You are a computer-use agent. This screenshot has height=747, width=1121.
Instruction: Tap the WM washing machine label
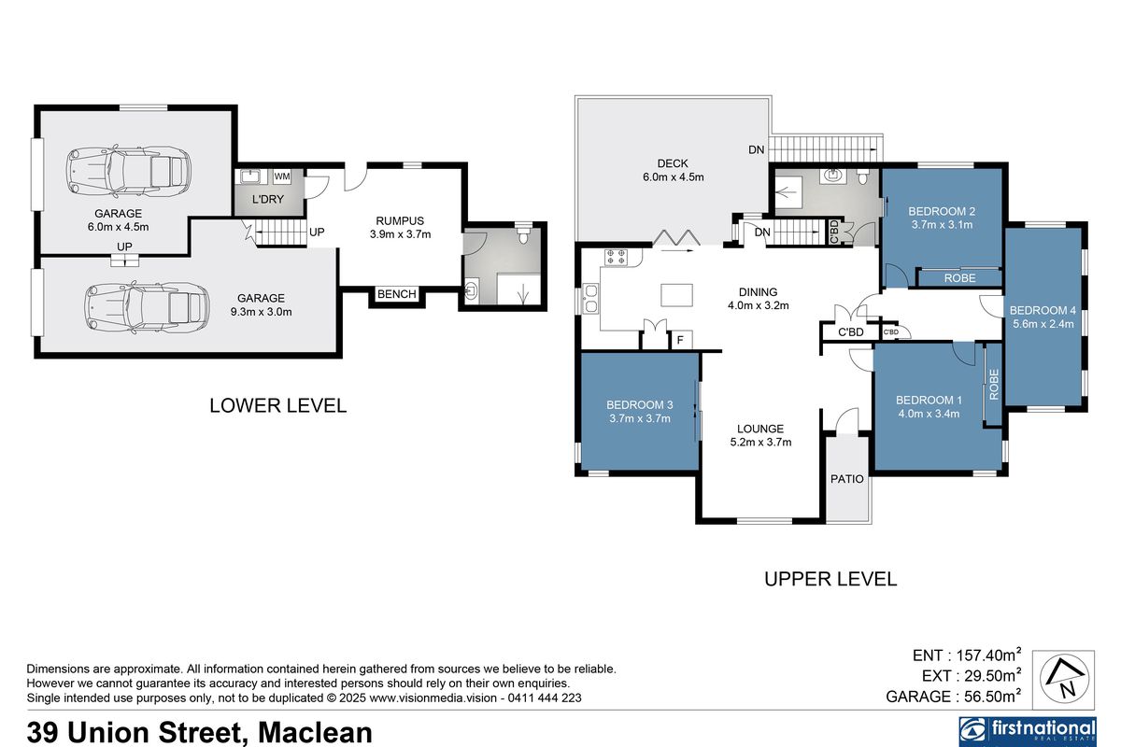[x=281, y=176]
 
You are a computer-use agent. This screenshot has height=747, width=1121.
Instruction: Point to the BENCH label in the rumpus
[x=396, y=295]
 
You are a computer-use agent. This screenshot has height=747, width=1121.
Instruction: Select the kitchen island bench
[x=677, y=294]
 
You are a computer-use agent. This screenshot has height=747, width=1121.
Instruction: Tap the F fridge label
[x=680, y=340]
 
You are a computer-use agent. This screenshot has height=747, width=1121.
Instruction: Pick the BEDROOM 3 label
[x=639, y=404]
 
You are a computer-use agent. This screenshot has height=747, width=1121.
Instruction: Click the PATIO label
[x=846, y=479]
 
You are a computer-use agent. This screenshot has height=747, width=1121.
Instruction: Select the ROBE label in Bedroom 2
[x=959, y=278]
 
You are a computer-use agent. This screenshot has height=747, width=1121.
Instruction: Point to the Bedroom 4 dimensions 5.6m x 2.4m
[x=1043, y=325]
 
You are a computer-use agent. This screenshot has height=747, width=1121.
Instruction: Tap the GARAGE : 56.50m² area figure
[x=952, y=697]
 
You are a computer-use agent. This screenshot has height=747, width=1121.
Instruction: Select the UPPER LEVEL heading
[x=830, y=579]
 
